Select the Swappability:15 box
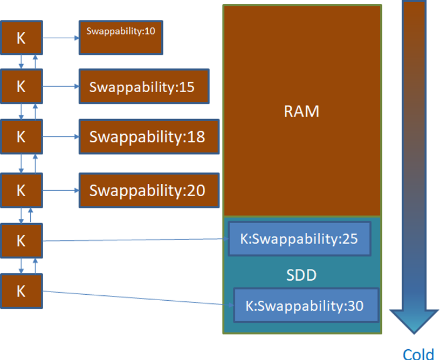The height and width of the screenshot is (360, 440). [144, 86]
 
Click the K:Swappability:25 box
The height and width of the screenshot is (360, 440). [299, 239]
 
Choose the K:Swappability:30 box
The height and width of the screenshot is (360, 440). [306, 306]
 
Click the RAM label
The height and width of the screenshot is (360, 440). [301, 112]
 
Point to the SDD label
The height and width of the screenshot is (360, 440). [301, 275]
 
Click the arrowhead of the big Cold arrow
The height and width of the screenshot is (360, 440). [414, 322]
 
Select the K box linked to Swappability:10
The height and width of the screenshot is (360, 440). [21, 38]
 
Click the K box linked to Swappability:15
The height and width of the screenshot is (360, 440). [21, 86]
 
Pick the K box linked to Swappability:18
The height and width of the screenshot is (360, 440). [21, 137]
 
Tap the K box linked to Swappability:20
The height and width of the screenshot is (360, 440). [21, 190]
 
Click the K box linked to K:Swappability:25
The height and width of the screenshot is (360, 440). [21, 240]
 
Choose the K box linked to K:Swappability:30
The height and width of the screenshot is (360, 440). [21, 291]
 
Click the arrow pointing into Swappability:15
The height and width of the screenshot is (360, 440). [60, 86]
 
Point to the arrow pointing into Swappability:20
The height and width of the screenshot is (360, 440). [60, 190]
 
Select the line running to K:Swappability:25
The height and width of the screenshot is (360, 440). [135, 240]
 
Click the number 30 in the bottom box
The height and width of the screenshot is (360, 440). [353, 306]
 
